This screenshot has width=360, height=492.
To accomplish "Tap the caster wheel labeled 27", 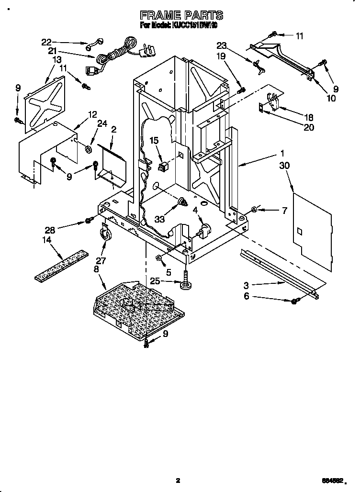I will pyautogui.click(x=104, y=233).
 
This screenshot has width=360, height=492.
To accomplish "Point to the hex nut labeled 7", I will pyautogui.click(x=255, y=209).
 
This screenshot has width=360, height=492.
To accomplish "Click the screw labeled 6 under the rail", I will pyautogui.click(x=294, y=301).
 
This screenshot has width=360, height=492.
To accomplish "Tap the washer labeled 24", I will pyautogui.click(x=89, y=149).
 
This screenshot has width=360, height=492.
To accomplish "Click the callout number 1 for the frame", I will pyautogui.click(x=282, y=154).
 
